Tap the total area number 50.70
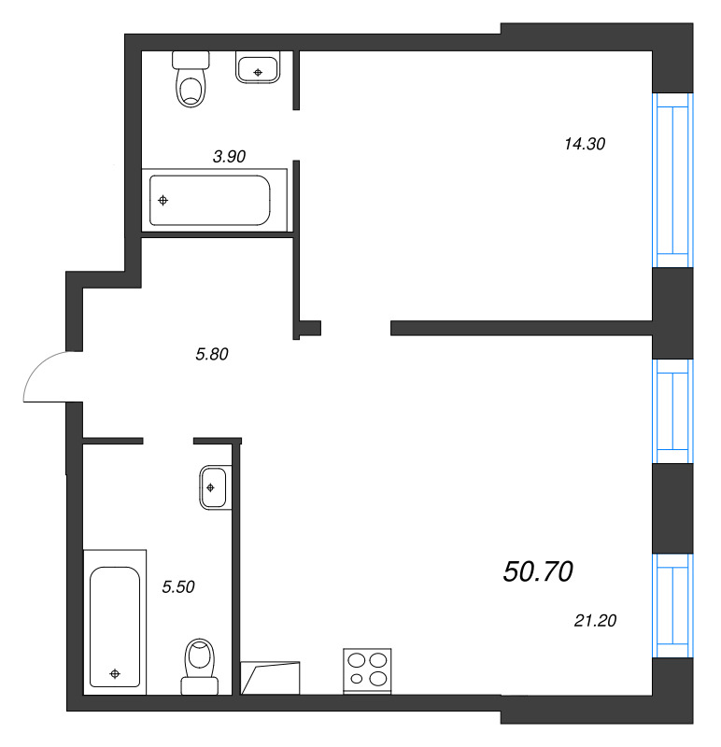537,571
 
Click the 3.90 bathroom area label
229,157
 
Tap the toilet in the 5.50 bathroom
200,666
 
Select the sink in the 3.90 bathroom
257,67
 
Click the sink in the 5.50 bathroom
213,487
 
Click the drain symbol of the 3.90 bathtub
163,200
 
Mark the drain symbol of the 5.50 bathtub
115,673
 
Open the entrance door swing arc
45,378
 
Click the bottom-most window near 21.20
673,605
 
